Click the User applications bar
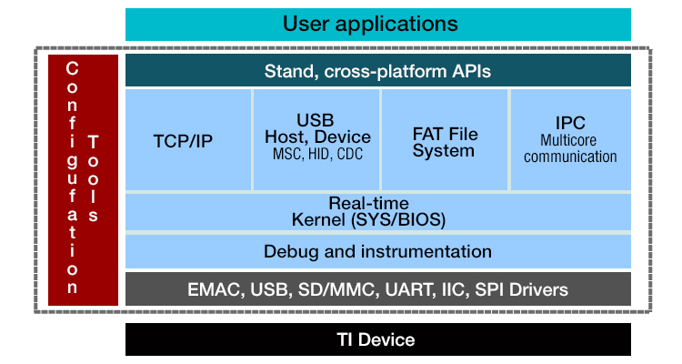[377, 24]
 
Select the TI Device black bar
[377, 339]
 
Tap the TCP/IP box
[188, 142]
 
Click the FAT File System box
[445, 142]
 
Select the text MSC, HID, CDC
[316, 154]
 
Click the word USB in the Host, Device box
[316, 120]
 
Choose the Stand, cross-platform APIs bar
[377, 70]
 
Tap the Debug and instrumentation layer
[377, 251]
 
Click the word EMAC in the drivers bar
[214, 289]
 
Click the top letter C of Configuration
[73, 69]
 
